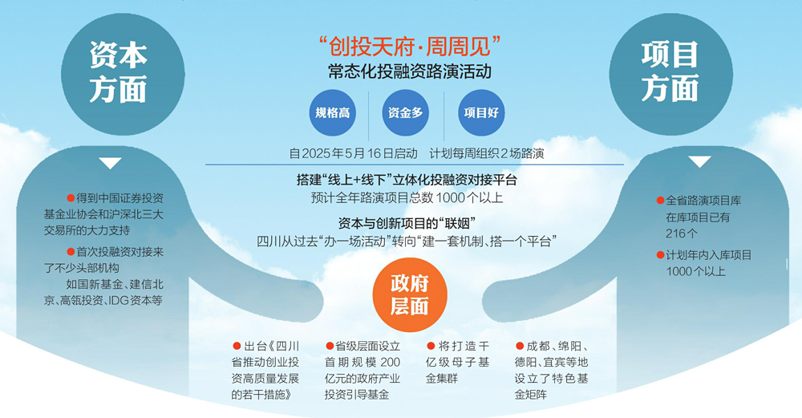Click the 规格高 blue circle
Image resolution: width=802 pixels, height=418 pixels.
tap(333, 112)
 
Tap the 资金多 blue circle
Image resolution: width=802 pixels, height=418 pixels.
tap(406, 112)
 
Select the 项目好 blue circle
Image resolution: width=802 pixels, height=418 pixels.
tap(481, 112)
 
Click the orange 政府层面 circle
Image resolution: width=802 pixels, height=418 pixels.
tap(410, 294)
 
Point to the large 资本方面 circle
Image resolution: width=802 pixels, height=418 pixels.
tap(123, 74)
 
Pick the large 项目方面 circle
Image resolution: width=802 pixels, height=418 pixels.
tap(671, 74)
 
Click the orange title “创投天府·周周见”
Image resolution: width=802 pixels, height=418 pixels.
tap(410, 46)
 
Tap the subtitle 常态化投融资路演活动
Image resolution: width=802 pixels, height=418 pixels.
tap(410, 71)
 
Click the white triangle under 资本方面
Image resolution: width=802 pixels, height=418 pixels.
tap(110, 163)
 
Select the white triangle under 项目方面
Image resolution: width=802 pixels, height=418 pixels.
tap(699, 162)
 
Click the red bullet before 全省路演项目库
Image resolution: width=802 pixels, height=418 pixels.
tap(660, 201)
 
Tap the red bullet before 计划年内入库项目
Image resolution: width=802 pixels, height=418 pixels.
tap(660, 255)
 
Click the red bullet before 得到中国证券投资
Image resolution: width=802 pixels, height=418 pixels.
tap(71, 198)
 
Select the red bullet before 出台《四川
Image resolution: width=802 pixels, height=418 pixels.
tap(237, 347)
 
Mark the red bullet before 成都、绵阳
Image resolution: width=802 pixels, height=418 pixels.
tap(520, 347)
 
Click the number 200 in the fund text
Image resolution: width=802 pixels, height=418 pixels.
tap(391, 362)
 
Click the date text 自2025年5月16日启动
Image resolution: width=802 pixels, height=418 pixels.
tap(354, 153)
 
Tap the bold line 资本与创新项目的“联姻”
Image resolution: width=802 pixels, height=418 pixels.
tap(407, 224)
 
